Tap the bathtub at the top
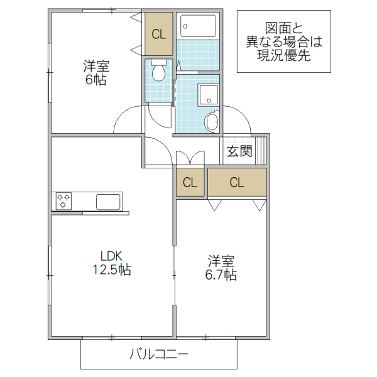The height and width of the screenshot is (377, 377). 198,26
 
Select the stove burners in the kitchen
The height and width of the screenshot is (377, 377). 65,201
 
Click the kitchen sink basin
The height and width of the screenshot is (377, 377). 107,202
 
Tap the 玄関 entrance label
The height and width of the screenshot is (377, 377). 239,151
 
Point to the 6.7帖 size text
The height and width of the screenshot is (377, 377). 222,275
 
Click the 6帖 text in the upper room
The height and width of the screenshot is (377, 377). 96,80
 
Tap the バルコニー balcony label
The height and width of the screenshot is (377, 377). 158,354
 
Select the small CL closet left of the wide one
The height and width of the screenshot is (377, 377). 190,183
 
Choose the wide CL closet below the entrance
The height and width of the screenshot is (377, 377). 236,183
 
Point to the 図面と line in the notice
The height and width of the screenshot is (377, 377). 284,28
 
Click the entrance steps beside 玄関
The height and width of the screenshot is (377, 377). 261,150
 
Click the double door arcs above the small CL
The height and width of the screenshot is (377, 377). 190,158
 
